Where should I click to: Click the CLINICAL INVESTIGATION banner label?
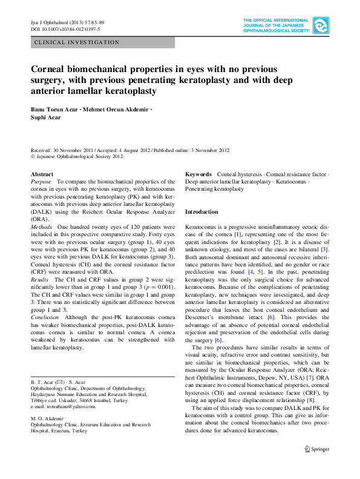[77, 42]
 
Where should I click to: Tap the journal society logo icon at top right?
[320, 25]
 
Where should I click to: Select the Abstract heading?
[42, 174]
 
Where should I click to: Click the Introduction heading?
[201, 212]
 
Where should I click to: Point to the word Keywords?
[198, 174]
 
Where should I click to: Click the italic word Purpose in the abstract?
[41, 182]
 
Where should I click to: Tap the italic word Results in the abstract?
[40, 280]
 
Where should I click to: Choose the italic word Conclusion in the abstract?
[45, 317]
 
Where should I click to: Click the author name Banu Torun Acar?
[56, 109]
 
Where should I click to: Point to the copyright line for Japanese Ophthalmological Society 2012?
[77, 156]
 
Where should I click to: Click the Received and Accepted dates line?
[130, 150]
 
